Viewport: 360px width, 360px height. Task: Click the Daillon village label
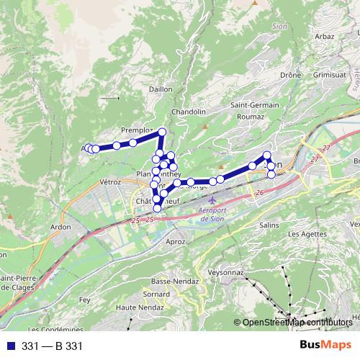click(x=161, y=89)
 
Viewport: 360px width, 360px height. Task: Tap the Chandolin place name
click(x=189, y=112)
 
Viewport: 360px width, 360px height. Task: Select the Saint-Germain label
click(x=255, y=105)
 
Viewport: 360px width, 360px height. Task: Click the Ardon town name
click(x=60, y=228)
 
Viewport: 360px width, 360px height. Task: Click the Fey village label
click(x=84, y=300)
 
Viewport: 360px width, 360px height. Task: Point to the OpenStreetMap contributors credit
click(x=295, y=323)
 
